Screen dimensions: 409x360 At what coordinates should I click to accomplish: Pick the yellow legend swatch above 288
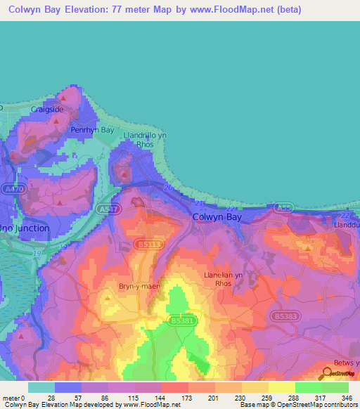[281, 387]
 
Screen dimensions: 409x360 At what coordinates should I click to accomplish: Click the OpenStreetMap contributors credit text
[314, 405]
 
